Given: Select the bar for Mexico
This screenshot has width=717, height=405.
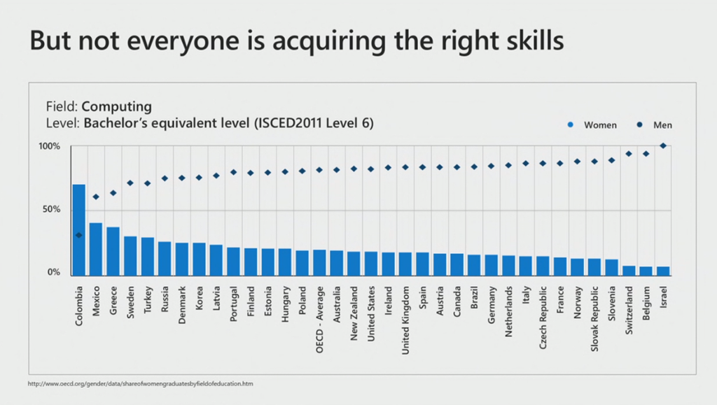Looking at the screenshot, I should click(96, 248).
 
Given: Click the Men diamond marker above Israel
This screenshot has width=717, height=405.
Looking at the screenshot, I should click(663, 145).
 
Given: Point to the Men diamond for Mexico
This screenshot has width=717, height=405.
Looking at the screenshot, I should click(96, 197).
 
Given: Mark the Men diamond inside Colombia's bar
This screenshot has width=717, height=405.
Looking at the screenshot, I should click(79, 235).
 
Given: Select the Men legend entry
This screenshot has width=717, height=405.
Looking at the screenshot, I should click(656, 125).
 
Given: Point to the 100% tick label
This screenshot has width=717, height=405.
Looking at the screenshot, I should click(50, 146).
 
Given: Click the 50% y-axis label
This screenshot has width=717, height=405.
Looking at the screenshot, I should click(53, 210).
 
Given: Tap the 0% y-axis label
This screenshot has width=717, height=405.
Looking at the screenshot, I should click(54, 272).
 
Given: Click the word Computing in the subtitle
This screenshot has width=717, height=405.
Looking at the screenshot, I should click(116, 107).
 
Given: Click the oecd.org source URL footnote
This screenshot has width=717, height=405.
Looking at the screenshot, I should click(141, 384).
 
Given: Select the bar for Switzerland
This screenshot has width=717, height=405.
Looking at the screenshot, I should click(629, 269).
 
